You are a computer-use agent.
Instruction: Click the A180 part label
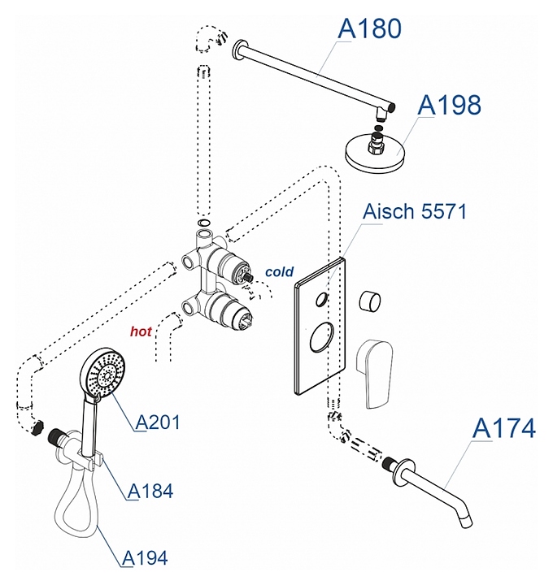pyautogui.click(x=369, y=28)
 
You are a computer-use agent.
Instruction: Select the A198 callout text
pyautogui.click(x=449, y=105)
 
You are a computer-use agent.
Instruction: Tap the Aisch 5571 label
pyautogui.click(x=415, y=213)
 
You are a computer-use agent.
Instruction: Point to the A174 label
pyautogui.click(x=504, y=427)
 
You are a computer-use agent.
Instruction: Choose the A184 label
pyautogui.click(x=150, y=491)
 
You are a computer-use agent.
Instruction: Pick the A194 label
pyautogui.click(x=146, y=557)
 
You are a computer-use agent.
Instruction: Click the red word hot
pyautogui.click(x=142, y=331)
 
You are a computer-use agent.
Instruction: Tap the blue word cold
pyautogui.click(x=279, y=272)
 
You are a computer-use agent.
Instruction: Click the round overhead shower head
pyautogui.click(x=377, y=154)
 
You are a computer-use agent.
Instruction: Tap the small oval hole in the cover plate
pyautogui.click(x=324, y=299)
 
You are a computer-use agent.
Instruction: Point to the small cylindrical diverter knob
pyautogui.click(x=373, y=301)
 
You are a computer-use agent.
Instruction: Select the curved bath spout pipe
pyautogui.click(x=439, y=491)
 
